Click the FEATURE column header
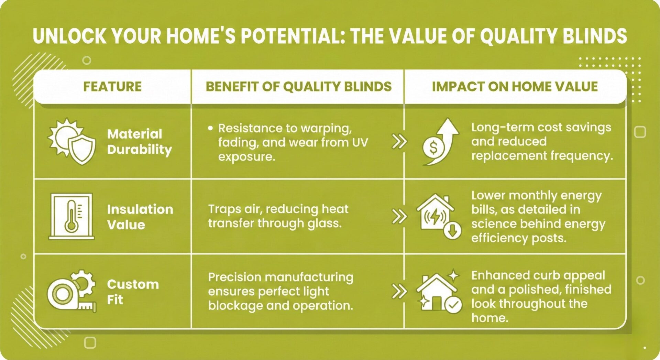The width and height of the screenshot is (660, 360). [x=112, y=87]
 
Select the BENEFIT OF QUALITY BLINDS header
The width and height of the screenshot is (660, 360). [x=299, y=87]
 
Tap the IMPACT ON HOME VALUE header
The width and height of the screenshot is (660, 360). [x=515, y=87]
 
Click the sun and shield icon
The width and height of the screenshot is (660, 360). [x=71, y=142]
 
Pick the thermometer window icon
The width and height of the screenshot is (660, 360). [x=71, y=216]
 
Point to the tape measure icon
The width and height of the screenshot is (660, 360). [x=71, y=291]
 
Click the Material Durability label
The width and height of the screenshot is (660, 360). [x=140, y=142]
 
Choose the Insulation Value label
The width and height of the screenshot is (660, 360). [x=140, y=217]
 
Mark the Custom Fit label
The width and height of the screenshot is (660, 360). [x=133, y=292]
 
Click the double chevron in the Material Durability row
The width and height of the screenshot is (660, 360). [x=399, y=141]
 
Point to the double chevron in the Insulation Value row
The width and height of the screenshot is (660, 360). [x=399, y=217]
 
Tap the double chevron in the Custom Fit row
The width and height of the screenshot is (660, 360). [x=399, y=292]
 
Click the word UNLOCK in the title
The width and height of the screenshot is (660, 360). [x=70, y=36]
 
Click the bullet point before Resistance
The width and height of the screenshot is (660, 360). [x=210, y=128]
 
